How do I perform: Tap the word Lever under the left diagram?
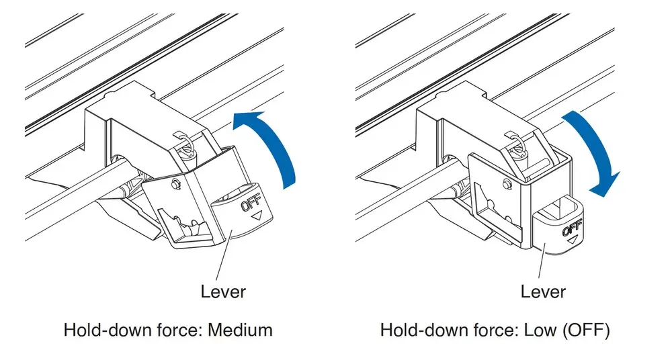(x=223, y=291)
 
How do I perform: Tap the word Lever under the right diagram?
(x=543, y=291)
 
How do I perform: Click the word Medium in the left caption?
(x=240, y=330)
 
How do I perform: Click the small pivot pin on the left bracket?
(x=174, y=184)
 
